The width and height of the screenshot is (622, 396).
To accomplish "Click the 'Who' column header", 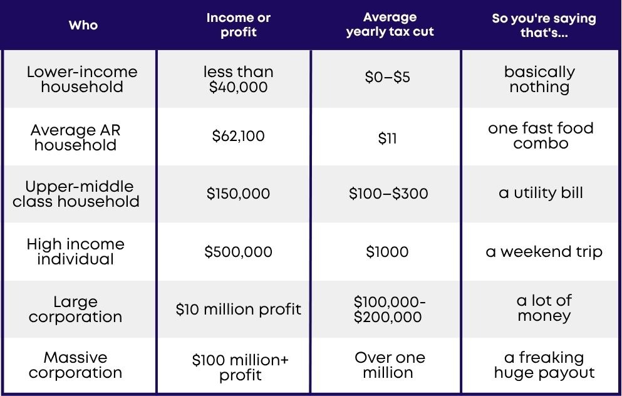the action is pyautogui.click(x=83, y=25).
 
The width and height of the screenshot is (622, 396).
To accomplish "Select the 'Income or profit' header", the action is pyautogui.click(x=239, y=24).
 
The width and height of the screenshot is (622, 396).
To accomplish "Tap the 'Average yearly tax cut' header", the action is pyautogui.click(x=390, y=24).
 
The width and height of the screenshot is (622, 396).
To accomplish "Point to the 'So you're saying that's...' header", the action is pyautogui.click(x=544, y=25).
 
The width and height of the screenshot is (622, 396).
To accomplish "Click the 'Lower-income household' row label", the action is pyautogui.click(x=82, y=79).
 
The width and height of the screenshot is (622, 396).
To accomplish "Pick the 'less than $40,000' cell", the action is pyautogui.click(x=239, y=80).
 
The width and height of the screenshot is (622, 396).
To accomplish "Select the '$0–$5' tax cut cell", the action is pyautogui.click(x=387, y=77).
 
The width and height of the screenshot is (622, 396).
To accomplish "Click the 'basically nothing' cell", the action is pyautogui.click(x=539, y=80).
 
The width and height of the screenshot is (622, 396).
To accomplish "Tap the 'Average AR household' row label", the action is pyautogui.click(x=75, y=137).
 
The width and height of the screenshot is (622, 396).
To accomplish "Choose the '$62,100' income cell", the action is pyautogui.click(x=238, y=136).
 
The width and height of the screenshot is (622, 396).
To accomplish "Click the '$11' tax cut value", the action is pyautogui.click(x=387, y=138).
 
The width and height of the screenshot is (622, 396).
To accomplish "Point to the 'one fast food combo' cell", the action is pyautogui.click(x=541, y=135).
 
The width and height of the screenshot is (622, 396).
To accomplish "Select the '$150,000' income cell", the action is pyautogui.click(x=238, y=193).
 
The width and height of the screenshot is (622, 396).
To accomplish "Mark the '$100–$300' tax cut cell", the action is pyautogui.click(x=388, y=193).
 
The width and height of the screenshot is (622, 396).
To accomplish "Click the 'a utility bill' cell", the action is pyautogui.click(x=541, y=193).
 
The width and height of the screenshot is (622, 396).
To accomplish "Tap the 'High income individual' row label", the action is pyautogui.click(x=75, y=251).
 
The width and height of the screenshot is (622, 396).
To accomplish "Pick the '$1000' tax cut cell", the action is pyautogui.click(x=387, y=251).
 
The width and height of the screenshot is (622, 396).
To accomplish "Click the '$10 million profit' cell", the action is pyautogui.click(x=239, y=309).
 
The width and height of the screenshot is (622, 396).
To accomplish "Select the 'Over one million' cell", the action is pyautogui.click(x=390, y=365).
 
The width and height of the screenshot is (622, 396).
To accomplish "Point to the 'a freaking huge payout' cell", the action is pyautogui.click(x=544, y=365).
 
